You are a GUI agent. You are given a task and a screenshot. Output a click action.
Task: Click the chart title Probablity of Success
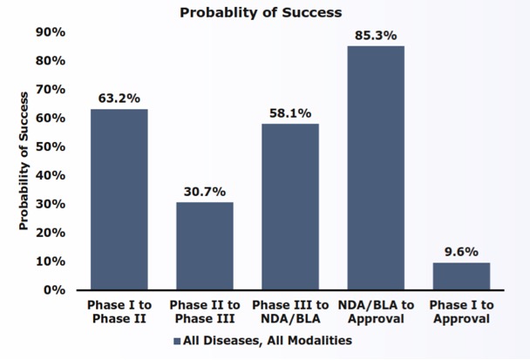(x=261, y=12)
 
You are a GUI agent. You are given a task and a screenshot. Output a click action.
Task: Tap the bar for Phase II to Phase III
(x=205, y=246)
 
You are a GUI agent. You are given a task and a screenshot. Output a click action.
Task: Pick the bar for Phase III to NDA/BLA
(x=290, y=207)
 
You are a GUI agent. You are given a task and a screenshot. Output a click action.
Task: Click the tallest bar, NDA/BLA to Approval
(x=376, y=167)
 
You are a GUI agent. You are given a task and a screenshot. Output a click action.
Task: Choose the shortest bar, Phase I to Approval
(x=461, y=275)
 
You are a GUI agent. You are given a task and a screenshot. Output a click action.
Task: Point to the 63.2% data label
(x=119, y=98)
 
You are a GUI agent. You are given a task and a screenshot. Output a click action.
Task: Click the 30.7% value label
(x=205, y=191)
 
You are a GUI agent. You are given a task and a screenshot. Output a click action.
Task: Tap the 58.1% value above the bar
(x=290, y=112)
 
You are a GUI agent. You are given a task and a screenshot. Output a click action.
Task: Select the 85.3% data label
(x=376, y=35)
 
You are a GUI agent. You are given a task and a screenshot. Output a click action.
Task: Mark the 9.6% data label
(x=461, y=251)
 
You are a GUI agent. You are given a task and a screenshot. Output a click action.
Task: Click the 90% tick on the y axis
(x=51, y=32)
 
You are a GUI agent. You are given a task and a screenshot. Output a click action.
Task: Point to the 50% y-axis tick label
(x=51, y=146)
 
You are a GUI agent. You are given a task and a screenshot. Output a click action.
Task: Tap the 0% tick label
(x=55, y=289)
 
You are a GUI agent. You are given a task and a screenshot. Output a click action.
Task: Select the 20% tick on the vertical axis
(x=51, y=233)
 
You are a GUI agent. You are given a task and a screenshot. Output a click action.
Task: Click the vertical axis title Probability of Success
(x=24, y=160)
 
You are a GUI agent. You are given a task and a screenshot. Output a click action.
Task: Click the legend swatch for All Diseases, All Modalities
(x=176, y=341)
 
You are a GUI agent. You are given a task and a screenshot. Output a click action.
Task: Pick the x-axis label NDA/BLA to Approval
(x=376, y=312)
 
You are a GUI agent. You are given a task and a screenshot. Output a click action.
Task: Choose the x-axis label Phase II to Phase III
(x=205, y=312)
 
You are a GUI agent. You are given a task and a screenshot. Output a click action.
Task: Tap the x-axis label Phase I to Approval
(x=461, y=312)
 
